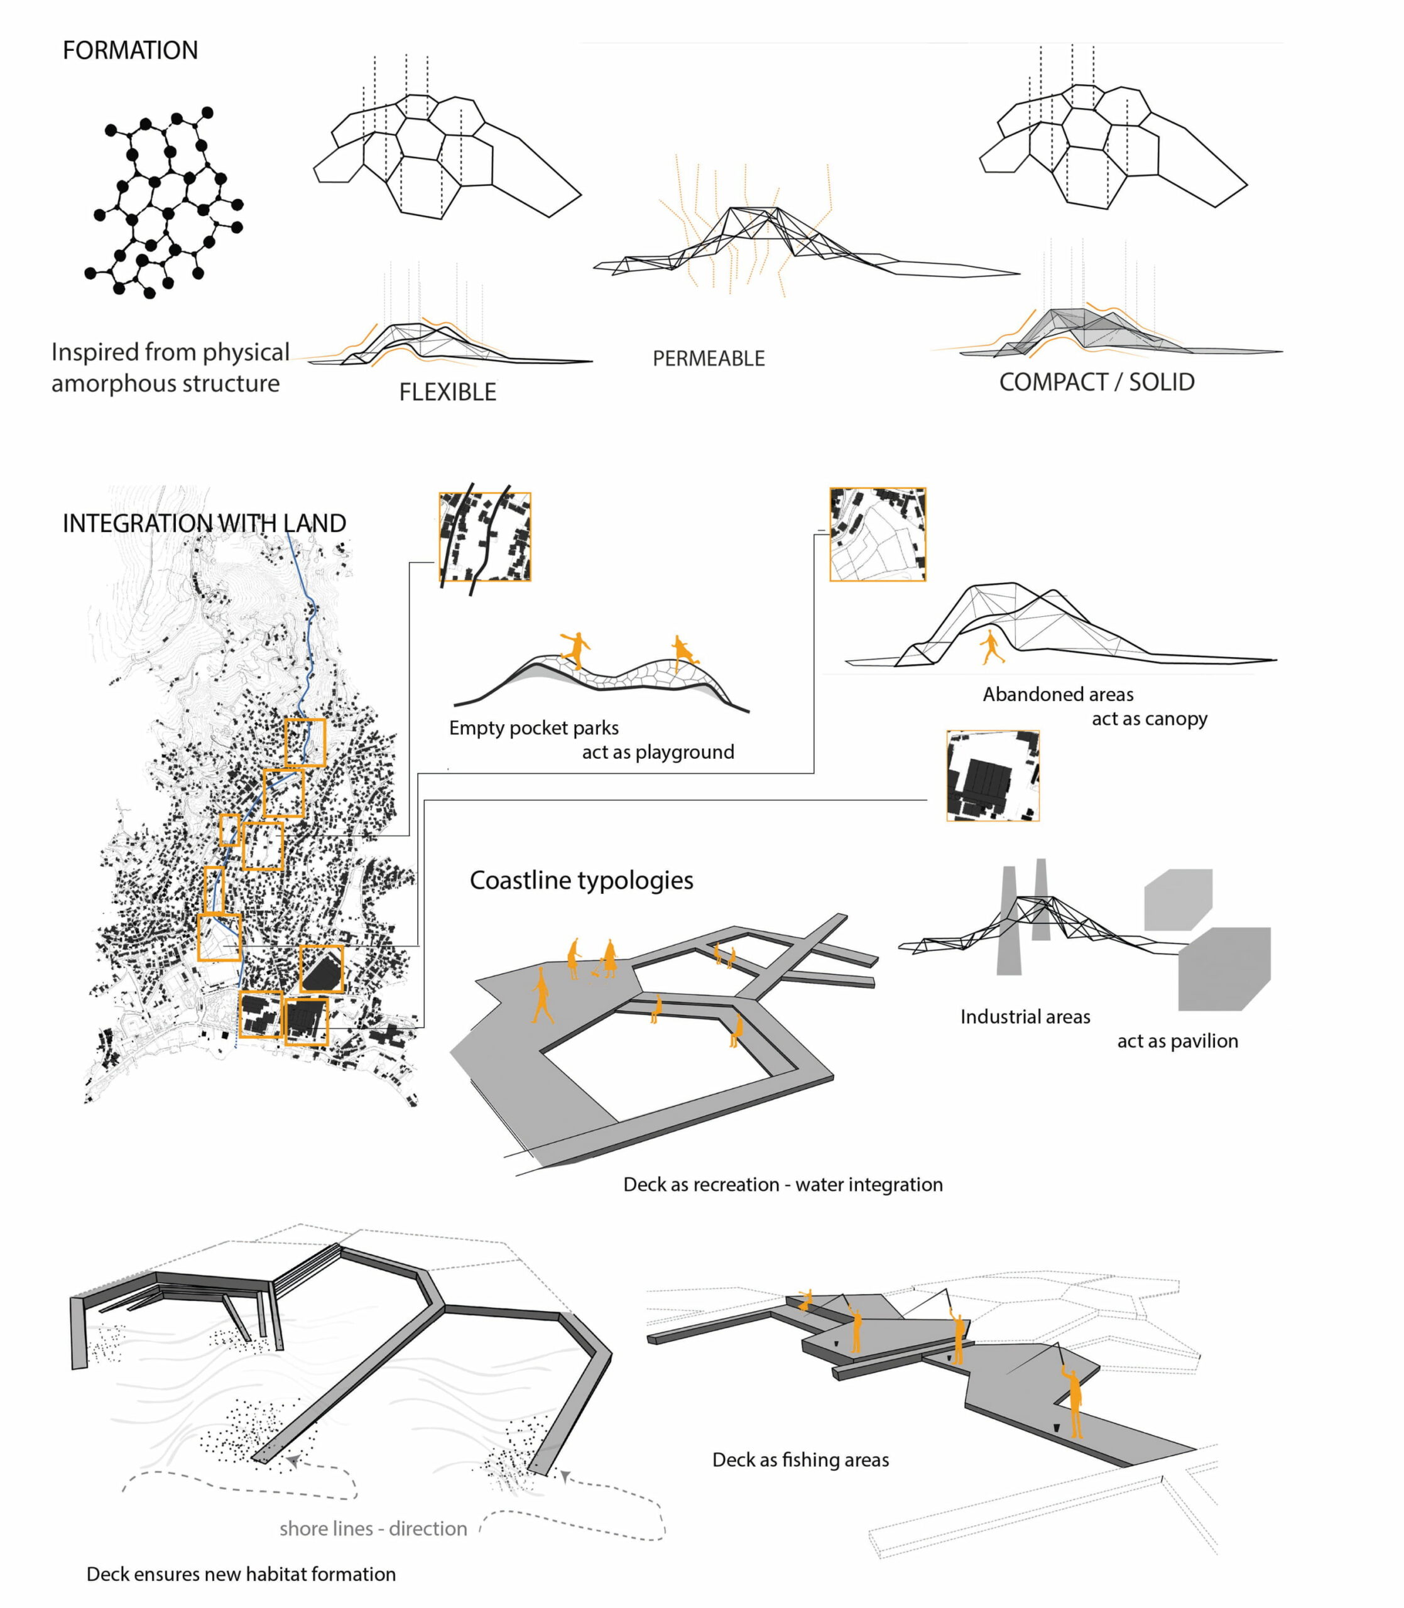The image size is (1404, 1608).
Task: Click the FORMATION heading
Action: pyautogui.click(x=130, y=50)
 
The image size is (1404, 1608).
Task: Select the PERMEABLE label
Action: pyautogui.click(x=708, y=358)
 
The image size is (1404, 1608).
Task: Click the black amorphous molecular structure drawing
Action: pyautogui.click(x=164, y=202)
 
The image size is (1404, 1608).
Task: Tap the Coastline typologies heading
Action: pyautogui.click(x=581, y=881)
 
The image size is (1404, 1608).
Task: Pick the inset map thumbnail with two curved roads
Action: pyautogui.click(x=485, y=536)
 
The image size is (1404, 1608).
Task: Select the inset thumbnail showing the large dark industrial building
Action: pyautogui.click(x=993, y=775)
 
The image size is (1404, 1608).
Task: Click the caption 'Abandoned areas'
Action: pyautogui.click(x=1058, y=694)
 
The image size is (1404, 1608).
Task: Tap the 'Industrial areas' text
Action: pyautogui.click(x=1025, y=1017)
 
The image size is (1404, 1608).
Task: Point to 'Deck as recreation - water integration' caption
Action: pyautogui.click(x=783, y=1184)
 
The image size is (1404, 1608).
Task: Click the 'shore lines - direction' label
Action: pyautogui.click(x=373, y=1528)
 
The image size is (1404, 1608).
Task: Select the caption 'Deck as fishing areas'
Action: pyautogui.click(x=800, y=1459)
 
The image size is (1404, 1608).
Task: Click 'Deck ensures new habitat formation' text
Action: pyautogui.click(x=241, y=1573)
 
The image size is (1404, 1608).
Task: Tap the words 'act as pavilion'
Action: pyautogui.click(x=1178, y=1041)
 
